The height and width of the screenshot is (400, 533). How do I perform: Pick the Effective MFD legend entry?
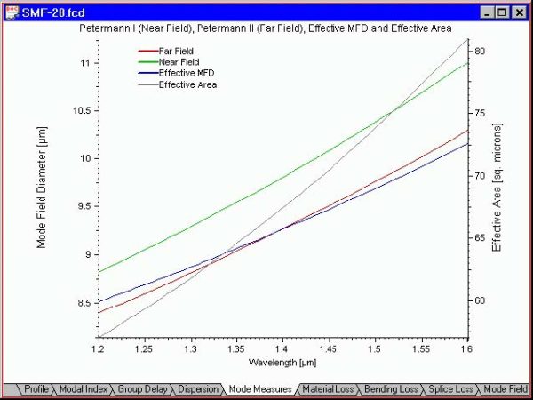185,73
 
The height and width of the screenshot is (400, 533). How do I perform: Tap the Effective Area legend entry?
187,85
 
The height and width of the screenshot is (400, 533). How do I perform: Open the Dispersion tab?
198,389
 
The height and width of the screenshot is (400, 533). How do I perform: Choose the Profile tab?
36,389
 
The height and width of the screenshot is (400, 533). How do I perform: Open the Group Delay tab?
142,389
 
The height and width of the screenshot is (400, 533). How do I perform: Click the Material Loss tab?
328,389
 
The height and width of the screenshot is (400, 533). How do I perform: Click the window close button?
520,12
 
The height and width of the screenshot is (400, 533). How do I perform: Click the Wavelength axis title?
282,364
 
